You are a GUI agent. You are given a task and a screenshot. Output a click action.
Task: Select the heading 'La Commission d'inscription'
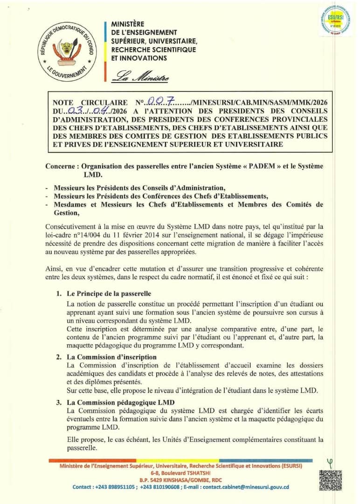pyautogui.click(x=111, y=357)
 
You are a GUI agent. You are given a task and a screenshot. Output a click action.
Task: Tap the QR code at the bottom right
pyautogui.click(x=330, y=481)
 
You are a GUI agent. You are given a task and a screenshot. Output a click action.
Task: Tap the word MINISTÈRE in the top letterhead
pyautogui.click(x=128, y=24)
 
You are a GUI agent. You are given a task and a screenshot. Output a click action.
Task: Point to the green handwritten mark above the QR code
pyautogui.click(x=330, y=463)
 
